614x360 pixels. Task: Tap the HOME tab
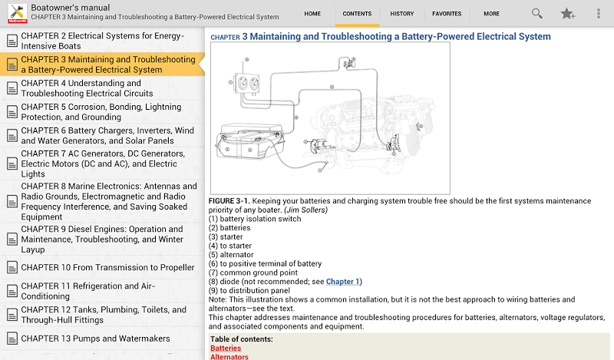312,14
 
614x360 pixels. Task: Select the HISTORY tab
401,14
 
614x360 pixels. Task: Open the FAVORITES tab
447,14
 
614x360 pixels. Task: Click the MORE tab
491,14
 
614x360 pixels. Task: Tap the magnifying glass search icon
537,14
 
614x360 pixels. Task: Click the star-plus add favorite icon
567,14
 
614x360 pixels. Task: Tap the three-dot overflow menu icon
599,14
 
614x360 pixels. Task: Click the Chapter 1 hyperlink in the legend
342,282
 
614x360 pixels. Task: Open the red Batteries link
226,348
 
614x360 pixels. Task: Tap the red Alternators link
229,357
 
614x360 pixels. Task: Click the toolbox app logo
14,12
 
